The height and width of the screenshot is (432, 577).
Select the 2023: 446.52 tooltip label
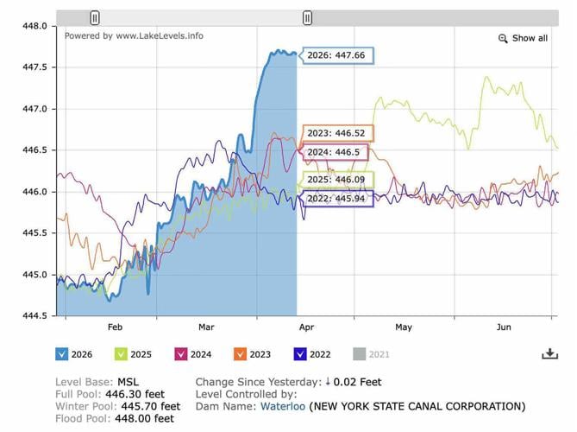tap(336, 134)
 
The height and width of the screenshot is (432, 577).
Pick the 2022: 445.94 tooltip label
tap(336, 198)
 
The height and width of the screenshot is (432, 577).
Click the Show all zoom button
tap(523, 38)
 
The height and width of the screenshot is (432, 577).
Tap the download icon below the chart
tap(549, 353)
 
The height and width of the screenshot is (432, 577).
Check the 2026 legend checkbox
tap(62, 353)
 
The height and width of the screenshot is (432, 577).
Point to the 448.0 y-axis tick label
tap(34, 26)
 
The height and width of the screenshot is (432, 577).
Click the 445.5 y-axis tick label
tap(34, 233)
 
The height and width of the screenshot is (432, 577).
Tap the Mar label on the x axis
tap(205, 327)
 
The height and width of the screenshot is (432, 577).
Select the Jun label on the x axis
tap(505, 327)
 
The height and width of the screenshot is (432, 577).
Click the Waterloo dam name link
tap(281, 406)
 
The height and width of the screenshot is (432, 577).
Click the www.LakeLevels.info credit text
tap(160, 36)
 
